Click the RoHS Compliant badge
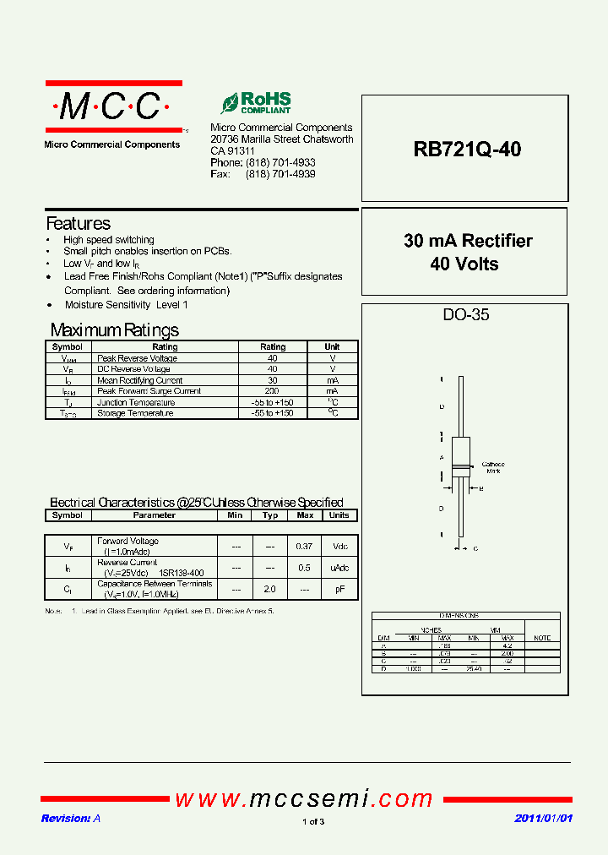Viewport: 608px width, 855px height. (x=256, y=103)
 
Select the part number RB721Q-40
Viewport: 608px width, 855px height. (x=467, y=150)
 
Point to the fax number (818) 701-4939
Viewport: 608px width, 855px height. (x=280, y=174)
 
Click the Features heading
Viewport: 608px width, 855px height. (x=78, y=224)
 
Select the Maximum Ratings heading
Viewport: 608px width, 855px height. (x=115, y=330)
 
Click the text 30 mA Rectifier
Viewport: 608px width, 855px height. (x=468, y=241)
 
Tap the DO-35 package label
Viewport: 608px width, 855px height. (x=466, y=315)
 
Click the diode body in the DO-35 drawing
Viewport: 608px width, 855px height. (x=461, y=457)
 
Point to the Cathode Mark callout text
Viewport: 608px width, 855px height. (x=492, y=467)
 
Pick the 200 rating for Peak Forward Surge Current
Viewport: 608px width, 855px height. (x=272, y=391)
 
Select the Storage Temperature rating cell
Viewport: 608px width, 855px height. (x=272, y=413)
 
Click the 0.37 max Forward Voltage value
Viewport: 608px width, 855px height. (x=305, y=546)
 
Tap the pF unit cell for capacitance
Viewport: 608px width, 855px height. (x=339, y=589)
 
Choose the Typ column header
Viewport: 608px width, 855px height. (x=270, y=515)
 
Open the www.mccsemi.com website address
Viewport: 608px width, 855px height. (x=304, y=798)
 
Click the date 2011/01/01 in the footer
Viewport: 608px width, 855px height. (x=544, y=819)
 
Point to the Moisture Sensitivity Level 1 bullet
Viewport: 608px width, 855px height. (x=126, y=304)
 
